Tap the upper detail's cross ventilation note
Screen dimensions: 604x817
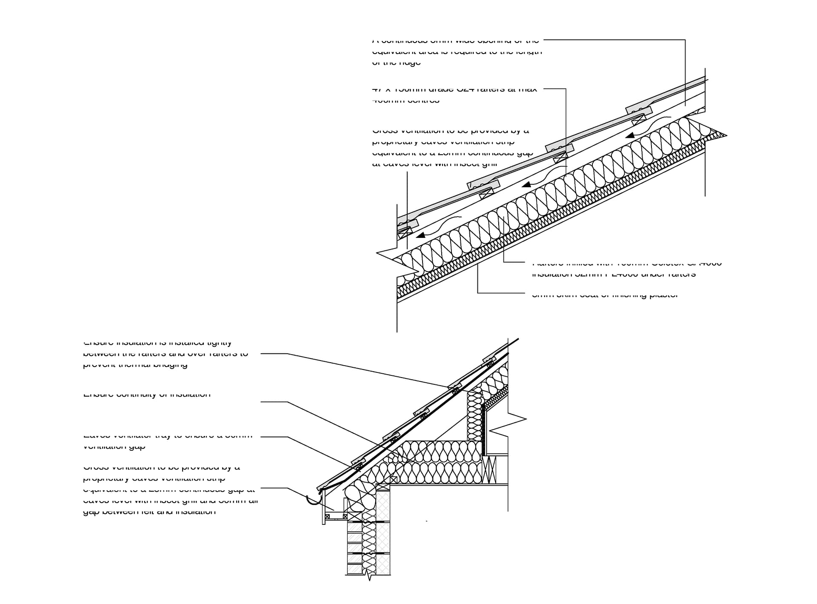pos(452,147)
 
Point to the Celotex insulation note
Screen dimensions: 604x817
pos(626,269)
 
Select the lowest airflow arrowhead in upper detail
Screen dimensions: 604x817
pos(420,235)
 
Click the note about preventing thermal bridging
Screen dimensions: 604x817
pos(166,353)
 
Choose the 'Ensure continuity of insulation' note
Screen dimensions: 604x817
pos(147,395)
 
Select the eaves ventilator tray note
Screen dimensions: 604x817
pos(168,441)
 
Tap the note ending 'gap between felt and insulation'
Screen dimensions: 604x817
pos(170,489)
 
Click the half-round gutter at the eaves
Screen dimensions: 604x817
pos(314,500)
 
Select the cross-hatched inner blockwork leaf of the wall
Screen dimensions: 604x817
pos(383,532)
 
